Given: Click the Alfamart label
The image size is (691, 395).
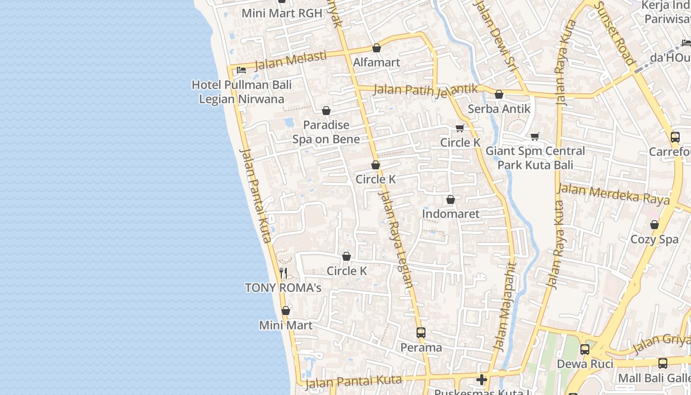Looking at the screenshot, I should click(376, 63).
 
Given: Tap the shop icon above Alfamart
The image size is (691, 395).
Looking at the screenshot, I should click(377, 48).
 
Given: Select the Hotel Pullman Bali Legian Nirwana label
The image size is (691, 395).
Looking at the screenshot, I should click(241, 92).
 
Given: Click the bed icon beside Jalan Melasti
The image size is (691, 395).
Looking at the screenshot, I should click(241, 70).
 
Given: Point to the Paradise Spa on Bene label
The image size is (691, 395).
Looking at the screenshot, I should click(326, 132).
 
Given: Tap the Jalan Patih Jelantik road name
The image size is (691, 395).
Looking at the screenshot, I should click(425, 90).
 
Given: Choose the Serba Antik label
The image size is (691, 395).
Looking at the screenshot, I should click(499, 109).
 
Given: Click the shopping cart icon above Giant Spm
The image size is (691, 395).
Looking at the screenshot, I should click(535, 136).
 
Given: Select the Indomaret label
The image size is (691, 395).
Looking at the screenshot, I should click(451, 214).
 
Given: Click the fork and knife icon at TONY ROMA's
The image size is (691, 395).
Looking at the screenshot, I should click(283, 273).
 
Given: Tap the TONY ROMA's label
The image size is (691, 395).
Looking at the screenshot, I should click(283, 287).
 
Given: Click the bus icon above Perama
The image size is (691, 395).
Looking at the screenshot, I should click(421, 333).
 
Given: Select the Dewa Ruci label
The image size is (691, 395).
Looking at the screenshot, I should click(585, 364).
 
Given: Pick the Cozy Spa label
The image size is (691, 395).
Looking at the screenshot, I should click(654, 239).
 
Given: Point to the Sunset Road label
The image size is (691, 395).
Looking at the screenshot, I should click(614, 33).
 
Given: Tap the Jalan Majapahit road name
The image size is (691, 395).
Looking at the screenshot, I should click(505, 307).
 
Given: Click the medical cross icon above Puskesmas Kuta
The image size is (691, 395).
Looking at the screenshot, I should click(482, 380).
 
